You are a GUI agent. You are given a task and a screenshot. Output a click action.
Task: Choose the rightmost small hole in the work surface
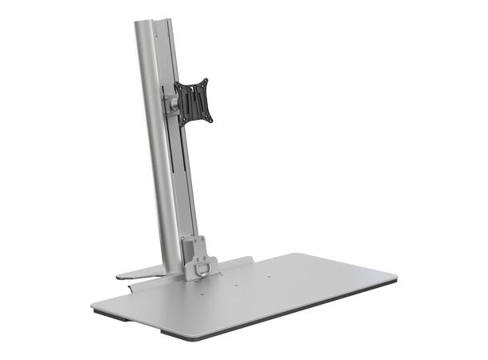268,278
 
